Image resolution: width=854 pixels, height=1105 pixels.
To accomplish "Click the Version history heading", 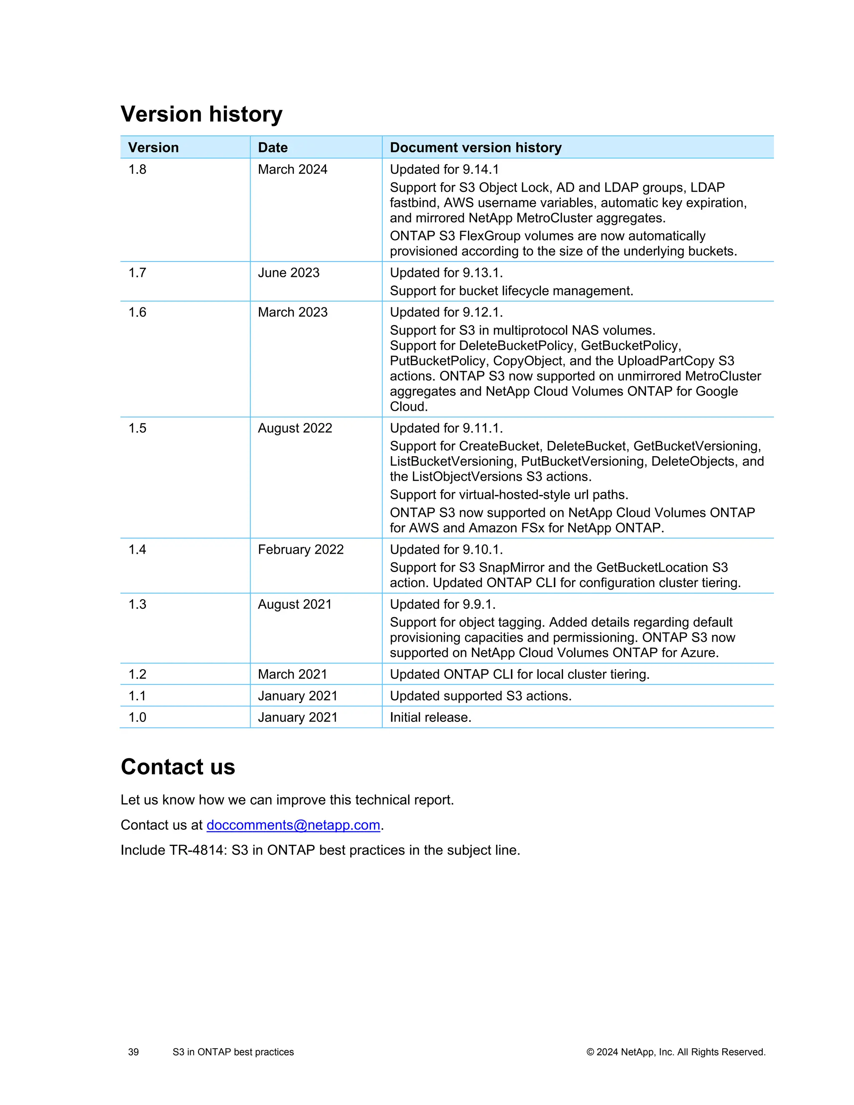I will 201,114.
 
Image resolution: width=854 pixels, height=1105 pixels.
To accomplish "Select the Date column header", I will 273,148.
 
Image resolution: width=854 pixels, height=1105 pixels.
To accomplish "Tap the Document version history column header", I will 475,148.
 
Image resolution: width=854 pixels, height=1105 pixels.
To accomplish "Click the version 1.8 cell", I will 137,169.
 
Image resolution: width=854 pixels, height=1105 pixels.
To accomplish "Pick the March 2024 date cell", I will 292,169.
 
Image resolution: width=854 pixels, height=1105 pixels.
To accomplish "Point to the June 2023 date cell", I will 289,273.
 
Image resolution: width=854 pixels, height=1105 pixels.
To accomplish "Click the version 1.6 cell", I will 137,312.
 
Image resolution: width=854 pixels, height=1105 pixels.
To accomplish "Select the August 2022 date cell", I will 295,428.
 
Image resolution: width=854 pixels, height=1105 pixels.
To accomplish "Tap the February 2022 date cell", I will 301,550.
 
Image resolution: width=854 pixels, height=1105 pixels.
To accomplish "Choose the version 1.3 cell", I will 137,604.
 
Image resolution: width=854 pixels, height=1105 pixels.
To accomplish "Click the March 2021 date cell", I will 292,674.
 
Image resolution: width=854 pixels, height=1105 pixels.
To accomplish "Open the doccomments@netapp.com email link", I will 293,825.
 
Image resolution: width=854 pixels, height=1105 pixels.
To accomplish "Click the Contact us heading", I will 178,766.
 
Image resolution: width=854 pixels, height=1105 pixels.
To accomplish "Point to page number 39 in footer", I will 133,1052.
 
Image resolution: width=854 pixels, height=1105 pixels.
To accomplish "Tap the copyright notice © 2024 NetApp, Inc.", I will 676,1052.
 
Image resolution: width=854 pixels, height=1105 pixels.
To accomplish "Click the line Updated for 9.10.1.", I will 446,550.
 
